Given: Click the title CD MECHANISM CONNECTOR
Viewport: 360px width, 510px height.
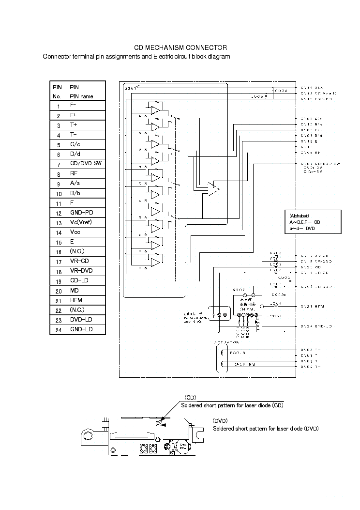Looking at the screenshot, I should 180,47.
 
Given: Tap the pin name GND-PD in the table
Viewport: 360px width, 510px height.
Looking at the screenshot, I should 81,213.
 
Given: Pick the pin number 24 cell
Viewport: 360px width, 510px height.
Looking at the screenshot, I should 58,330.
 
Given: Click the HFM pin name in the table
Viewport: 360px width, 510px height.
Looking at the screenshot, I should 76,300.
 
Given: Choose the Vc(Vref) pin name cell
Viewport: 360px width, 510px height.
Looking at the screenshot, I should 81,222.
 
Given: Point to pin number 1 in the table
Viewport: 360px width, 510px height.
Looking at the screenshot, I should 58,106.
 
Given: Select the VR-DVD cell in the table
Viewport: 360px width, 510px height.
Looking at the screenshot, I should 81,271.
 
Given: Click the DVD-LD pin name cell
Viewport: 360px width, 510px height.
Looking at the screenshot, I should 81,320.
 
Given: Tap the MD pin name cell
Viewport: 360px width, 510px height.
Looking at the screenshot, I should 74,291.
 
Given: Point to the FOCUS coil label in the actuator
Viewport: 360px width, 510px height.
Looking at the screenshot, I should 238,353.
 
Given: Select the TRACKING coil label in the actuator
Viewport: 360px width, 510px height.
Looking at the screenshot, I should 242,364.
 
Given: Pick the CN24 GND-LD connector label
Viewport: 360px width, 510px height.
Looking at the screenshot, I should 315,326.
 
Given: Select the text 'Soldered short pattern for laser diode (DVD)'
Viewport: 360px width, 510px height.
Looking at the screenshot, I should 266,429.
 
